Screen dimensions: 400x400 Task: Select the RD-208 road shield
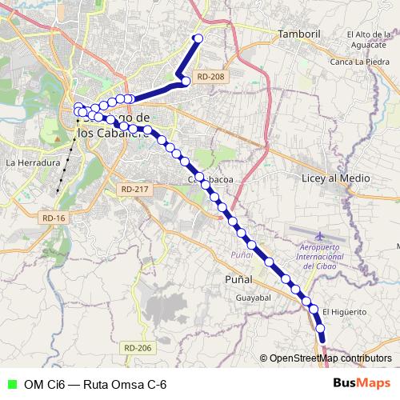(x=210, y=77)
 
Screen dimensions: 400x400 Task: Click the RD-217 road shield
(x=135, y=189)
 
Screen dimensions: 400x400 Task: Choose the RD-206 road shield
(x=138, y=348)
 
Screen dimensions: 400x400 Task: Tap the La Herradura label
(x=33, y=162)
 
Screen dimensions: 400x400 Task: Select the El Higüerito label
(x=344, y=312)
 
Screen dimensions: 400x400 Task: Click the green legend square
(x=10, y=385)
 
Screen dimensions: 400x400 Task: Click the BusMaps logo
(x=362, y=383)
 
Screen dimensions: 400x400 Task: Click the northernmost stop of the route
(x=198, y=38)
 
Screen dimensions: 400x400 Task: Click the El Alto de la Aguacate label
(x=371, y=40)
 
